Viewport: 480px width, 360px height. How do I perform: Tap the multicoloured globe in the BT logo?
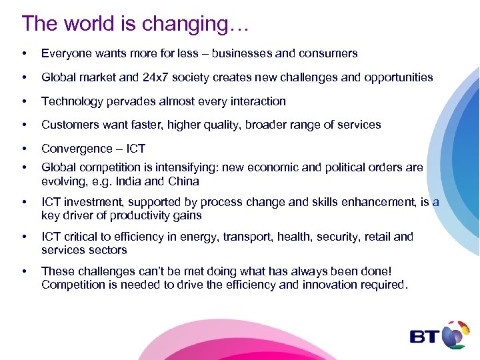(x=455, y=333)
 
